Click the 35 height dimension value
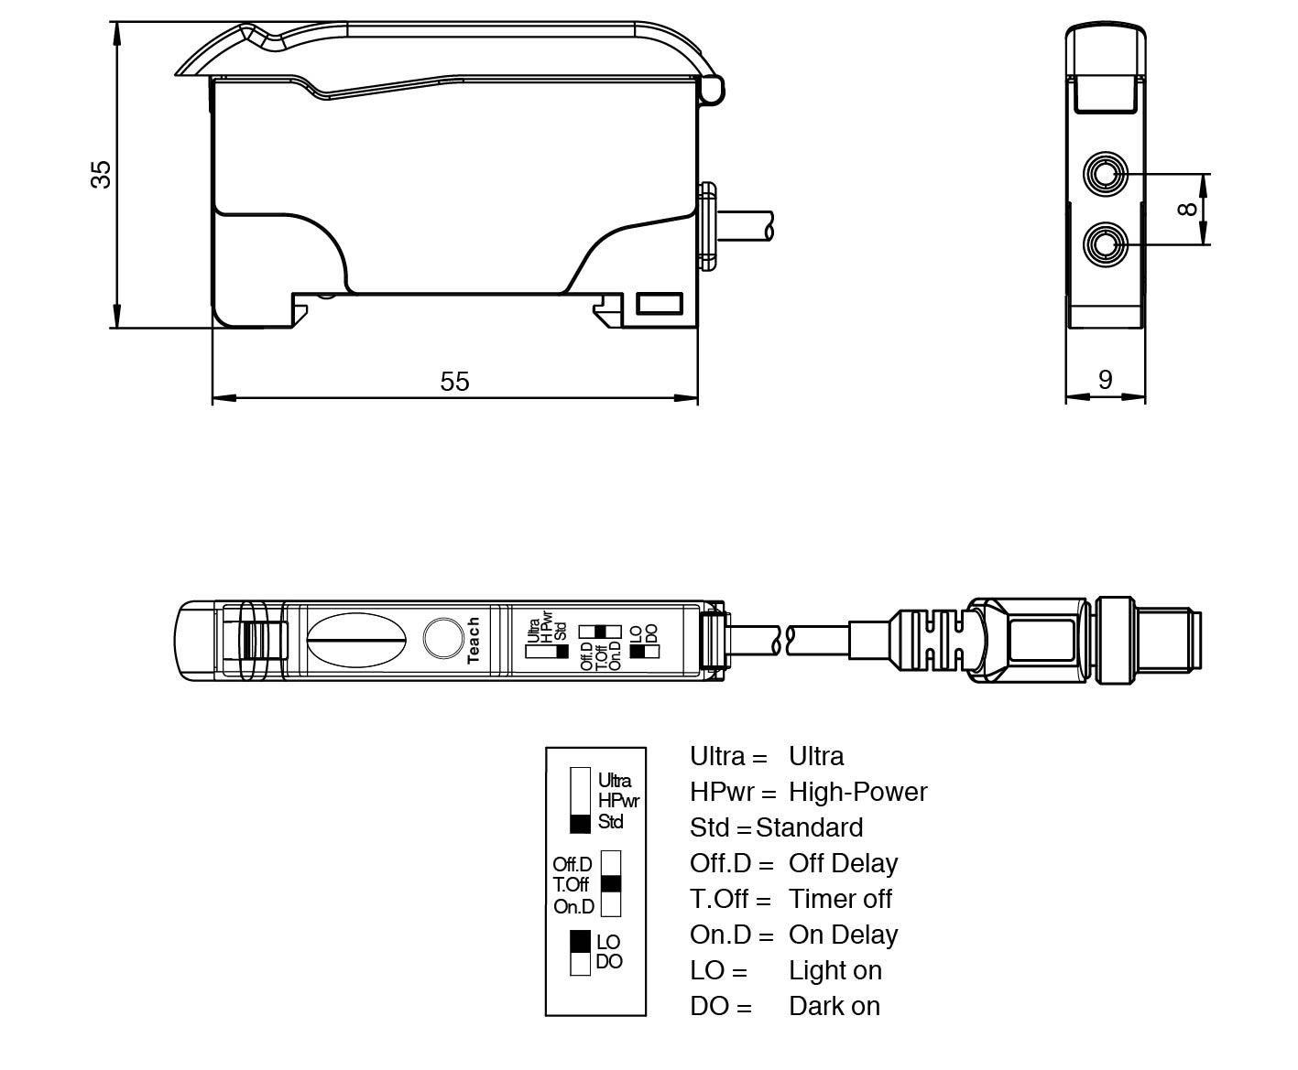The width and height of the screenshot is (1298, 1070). click(x=101, y=173)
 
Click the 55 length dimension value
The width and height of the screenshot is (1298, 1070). click(x=454, y=381)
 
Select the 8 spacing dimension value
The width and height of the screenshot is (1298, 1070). click(x=1187, y=209)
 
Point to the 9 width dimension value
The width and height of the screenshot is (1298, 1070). click(x=1105, y=379)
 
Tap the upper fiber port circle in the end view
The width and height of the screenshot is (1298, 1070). click(x=1106, y=173)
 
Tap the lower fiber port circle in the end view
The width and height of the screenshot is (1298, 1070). click(x=1106, y=244)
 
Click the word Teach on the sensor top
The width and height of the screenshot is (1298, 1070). click(x=474, y=640)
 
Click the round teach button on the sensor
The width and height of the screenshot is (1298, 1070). click(x=443, y=638)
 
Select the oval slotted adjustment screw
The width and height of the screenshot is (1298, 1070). click(x=354, y=640)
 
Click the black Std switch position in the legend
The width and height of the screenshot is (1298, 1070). click(x=580, y=823)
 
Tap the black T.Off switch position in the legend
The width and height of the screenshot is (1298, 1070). click(x=611, y=884)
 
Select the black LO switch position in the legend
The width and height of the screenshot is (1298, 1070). click(x=580, y=941)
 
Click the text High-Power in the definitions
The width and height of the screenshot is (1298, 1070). click(x=857, y=792)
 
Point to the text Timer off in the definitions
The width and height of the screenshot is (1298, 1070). click(x=840, y=899)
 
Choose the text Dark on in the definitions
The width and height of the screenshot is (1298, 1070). click(x=834, y=1006)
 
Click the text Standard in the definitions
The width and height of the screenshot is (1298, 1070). click(x=809, y=827)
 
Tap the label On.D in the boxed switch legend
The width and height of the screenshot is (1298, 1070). click(x=573, y=907)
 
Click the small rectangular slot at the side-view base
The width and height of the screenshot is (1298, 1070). click(x=660, y=304)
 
